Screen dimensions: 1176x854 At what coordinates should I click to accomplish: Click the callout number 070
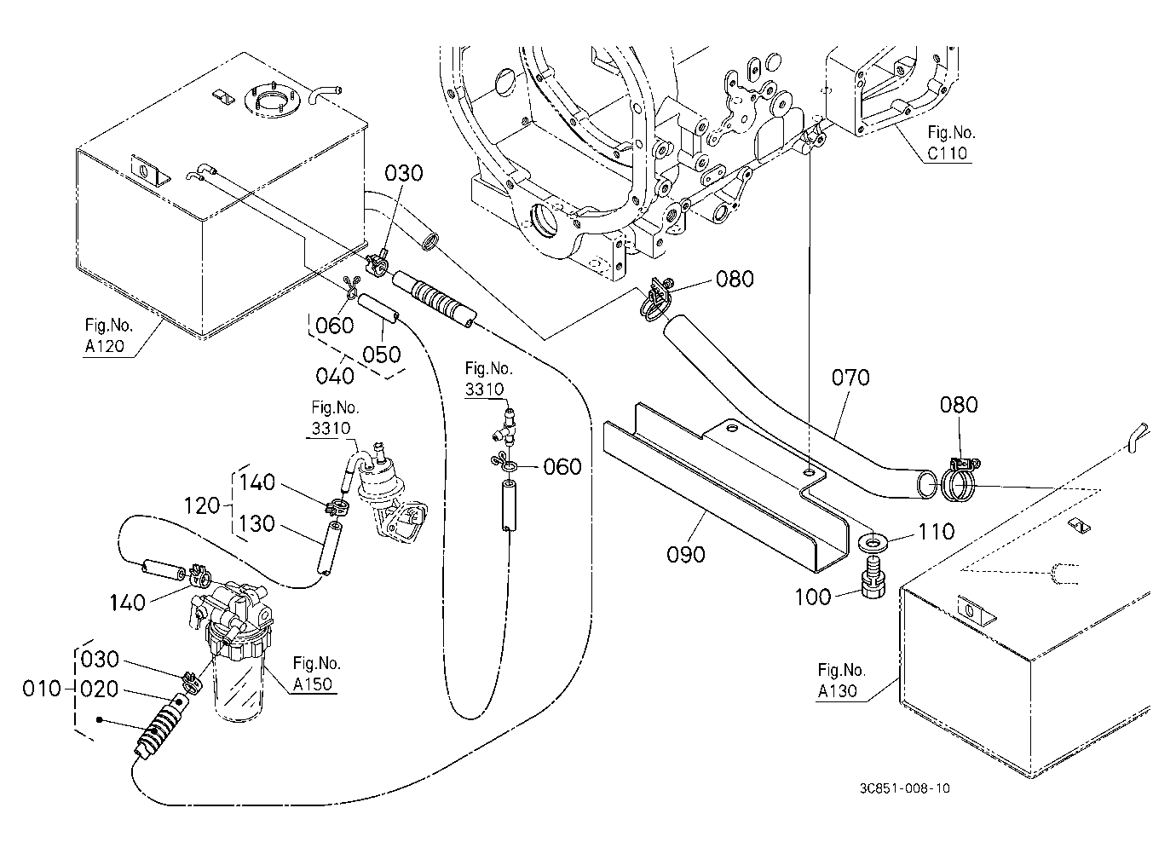coord(850,378)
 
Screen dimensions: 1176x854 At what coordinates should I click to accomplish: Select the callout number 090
coord(685,555)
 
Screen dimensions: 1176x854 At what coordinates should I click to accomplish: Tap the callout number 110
coord(936,532)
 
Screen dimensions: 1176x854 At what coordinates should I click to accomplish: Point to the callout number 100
coord(813,597)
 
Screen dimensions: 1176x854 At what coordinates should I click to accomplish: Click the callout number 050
coord(382,355)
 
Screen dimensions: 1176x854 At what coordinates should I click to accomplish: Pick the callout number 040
coord(335,376)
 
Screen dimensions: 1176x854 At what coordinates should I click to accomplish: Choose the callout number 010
coord(42,689)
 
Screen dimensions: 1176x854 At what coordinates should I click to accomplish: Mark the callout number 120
coord(202,505)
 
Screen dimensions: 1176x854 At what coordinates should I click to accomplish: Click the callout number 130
coord(257,523)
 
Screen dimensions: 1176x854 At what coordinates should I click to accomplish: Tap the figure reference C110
coord(947,153)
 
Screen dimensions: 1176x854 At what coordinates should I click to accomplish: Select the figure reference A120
coord(105,346)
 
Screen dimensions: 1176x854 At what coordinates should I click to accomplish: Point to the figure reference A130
coord(837,691)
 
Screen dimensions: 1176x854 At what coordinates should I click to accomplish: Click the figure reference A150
coord(313,684)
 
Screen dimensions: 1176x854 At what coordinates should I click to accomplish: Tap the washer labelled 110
coord(873,542)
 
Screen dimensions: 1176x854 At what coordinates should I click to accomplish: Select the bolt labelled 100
coord(873,578)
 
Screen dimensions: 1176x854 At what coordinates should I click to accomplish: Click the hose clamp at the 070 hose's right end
coord(958,481)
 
